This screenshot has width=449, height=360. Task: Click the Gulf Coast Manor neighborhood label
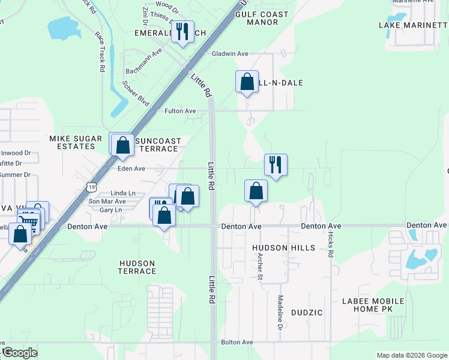262,18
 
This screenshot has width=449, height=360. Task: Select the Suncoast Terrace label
158,145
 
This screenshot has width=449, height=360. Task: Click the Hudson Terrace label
137,267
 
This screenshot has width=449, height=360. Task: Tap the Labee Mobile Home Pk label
373,305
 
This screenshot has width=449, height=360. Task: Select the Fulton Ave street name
180,111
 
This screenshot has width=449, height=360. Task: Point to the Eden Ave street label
131,169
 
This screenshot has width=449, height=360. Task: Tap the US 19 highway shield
91,187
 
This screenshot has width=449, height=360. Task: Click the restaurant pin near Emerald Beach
183,31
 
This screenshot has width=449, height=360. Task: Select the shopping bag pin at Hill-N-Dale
247,82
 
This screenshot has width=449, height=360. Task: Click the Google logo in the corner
19,353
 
